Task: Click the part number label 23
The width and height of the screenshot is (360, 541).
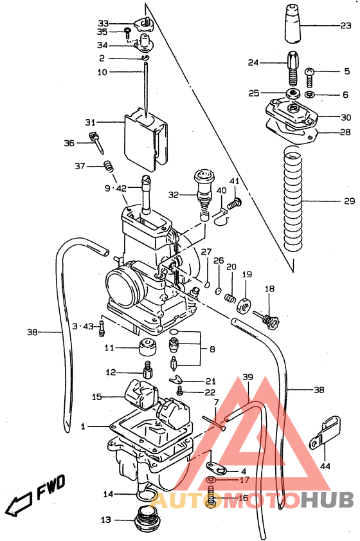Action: [x=346, y=27]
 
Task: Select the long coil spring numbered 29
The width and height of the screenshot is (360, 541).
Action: [x=293, y=201]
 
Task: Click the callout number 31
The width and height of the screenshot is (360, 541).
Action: [x=90, y=122]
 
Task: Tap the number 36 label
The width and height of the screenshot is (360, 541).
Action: [x=69, y=143]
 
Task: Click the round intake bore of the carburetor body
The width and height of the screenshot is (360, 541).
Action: [x=123, y=288]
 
